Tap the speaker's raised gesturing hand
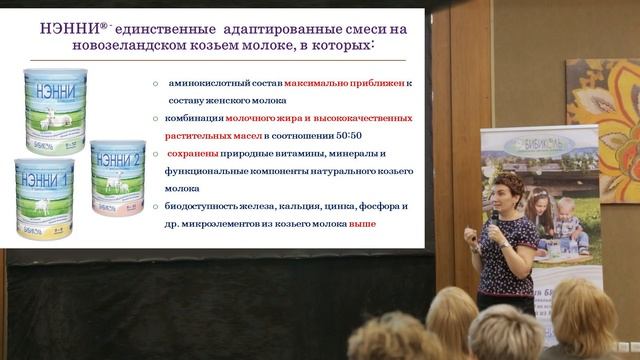[471, 233]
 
